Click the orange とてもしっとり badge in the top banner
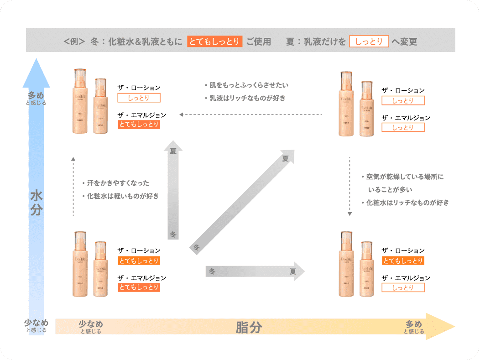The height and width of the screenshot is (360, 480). click(x=214, y=42)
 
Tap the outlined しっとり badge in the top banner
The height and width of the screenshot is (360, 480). click(x=369, y=42)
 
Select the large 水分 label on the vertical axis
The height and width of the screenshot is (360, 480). click(x=37, y=202)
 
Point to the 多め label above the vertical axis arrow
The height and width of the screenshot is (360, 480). click(x=37, y=95)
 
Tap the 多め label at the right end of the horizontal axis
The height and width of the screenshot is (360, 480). click(x=414, y=324)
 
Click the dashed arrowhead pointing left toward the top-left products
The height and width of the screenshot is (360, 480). click(x=181, y=115)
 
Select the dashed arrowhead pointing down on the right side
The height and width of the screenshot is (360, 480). click(x=350, y=213)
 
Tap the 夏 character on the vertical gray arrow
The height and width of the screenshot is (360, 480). click(x=173, y=151)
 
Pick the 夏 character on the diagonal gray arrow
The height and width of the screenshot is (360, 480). click(x=286, y=158)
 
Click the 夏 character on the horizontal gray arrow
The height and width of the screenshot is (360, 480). click(x=292, y=271)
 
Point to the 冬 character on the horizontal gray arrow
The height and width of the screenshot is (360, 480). click(x=212, y=271)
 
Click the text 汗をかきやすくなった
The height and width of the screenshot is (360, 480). click(x=118, y=183)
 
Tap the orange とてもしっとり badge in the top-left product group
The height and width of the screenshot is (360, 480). click(x=139, y=124)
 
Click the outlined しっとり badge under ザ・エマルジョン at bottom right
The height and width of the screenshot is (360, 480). click(x=403, y=287)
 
